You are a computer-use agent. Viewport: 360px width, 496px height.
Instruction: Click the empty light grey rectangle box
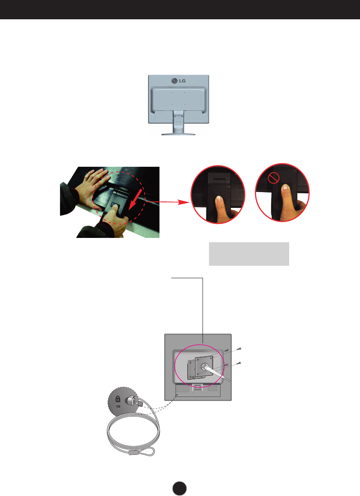click(x=249, y=254)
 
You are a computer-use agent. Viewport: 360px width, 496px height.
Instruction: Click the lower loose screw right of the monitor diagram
click(x=239, y=363)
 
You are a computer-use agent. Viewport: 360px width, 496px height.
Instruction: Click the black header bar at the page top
click(x=180, y=9)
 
